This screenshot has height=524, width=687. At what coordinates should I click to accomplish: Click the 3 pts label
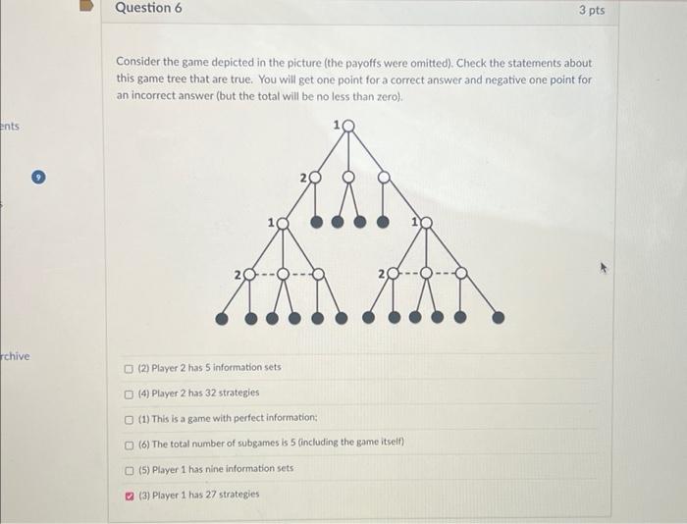(592, 10)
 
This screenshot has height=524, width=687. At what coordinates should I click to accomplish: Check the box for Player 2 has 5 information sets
(130, 368)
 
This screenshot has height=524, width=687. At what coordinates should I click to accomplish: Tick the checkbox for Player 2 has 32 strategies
(130, 393)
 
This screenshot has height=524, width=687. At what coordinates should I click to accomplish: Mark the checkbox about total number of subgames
(130, 444)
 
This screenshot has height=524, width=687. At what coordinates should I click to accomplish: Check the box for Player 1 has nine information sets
(130, 469)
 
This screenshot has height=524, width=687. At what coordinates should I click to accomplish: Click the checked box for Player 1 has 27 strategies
(130, 495)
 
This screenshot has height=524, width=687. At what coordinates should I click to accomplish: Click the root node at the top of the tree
(345, 127)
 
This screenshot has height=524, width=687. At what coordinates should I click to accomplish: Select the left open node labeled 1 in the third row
(283, 224)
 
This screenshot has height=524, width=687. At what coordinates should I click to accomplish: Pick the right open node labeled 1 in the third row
(425, 224)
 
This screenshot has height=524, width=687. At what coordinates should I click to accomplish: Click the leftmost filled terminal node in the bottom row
(222, 318)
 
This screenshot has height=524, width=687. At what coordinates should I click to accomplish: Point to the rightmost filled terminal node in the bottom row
(499, 317)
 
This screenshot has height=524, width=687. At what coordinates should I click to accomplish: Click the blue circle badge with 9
(38, 179)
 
